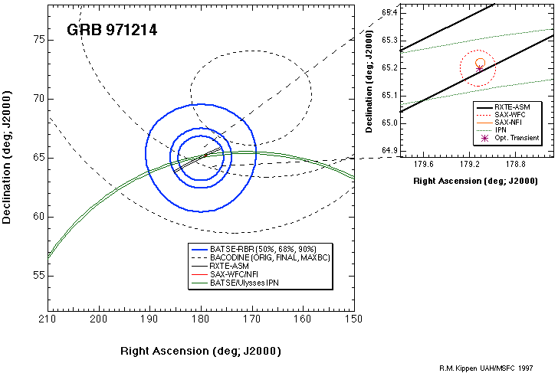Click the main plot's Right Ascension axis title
(200, 351)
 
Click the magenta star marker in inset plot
(480, 69)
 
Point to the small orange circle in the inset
(481, 63)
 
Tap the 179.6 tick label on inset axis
(423, 163)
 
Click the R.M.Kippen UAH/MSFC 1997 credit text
(487, 368)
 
